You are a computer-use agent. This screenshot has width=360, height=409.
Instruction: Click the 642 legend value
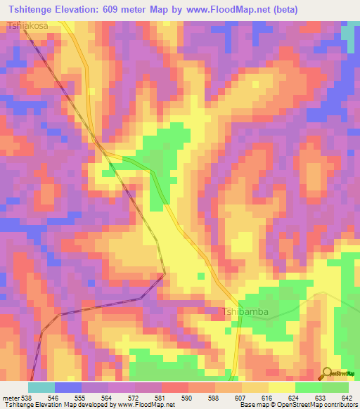tap(346, 398)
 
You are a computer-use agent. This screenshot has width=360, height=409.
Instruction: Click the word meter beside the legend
tap(10, 398)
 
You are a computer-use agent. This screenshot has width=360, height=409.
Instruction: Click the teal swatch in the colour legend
tap(41, 387)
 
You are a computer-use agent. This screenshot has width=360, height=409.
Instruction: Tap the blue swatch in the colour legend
tap(67, 387)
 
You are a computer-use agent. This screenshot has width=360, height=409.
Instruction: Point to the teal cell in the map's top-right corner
tap(348, 32)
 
